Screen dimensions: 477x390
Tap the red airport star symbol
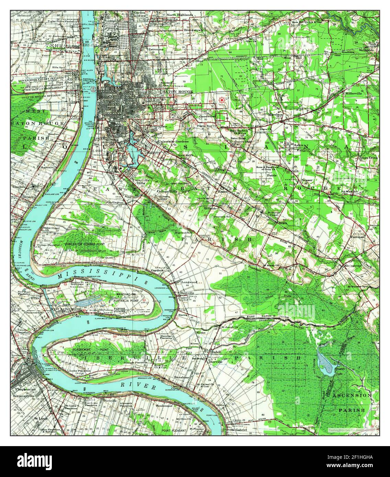[x=222, y=100]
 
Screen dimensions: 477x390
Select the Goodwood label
[x=207, y=116]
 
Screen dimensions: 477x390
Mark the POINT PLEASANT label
[x=174, y=430]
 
